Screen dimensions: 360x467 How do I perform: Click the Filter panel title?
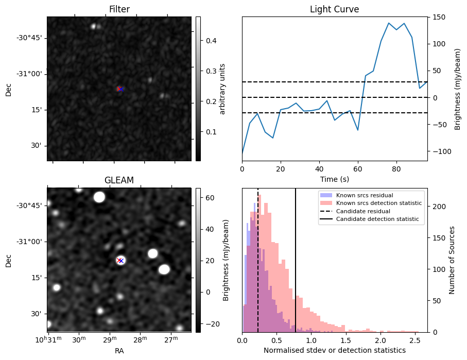pos(119,9)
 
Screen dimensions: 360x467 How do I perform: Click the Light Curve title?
pos(334,9)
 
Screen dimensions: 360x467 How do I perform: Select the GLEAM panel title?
pos(119,180)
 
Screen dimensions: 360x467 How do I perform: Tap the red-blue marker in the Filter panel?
pos(120,89)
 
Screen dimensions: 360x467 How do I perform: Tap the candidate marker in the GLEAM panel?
pos(120,260)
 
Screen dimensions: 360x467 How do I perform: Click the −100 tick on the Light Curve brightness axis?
pos(439,151)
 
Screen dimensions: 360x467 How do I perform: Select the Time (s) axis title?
pos(334,178)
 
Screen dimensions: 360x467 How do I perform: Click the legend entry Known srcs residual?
pos(364,196)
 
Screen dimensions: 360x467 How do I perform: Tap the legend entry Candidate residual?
pos(363,211)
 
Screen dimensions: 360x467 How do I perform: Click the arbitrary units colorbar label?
pos(222,89)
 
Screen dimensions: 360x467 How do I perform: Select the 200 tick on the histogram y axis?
pos(437,207)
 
